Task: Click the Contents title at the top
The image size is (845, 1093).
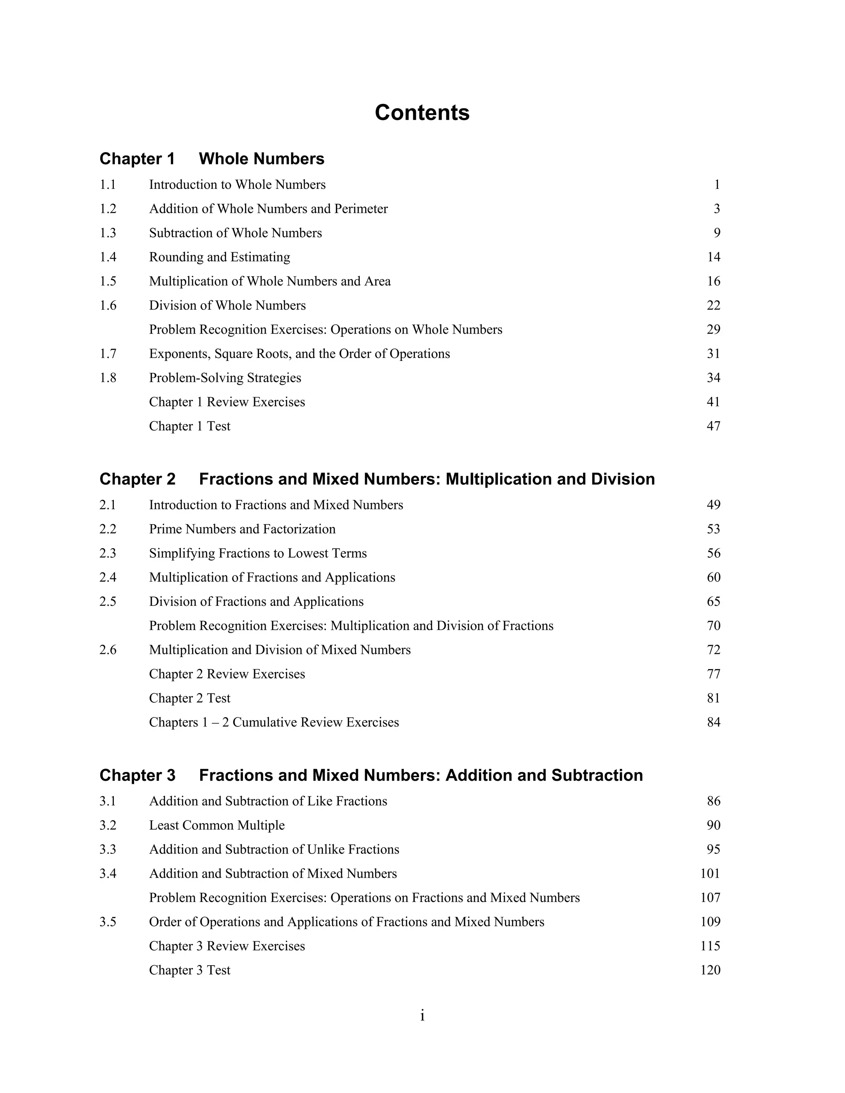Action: (x=422, y=113)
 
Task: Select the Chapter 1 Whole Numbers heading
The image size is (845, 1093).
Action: (x=212, y=159)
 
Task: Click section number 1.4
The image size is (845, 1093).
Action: (x=108, y=257)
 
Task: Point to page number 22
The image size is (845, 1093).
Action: (x=713, y=305)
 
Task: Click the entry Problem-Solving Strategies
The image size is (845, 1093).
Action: (x=225, y=378)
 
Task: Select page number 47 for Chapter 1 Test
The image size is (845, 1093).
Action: (x=713, y=426)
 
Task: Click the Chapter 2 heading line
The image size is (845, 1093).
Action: (x=377, y=479)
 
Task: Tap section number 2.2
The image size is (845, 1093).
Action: (x=108, y=530)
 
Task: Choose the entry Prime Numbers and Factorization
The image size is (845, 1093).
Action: (x=242, y=530)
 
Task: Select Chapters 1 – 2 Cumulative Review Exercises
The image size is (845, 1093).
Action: (x=274, y=723)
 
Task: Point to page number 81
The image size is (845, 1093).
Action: (x=713, y=698)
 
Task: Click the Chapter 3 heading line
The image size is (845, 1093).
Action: (x=371, y=775)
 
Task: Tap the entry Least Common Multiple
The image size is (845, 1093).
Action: (x=217, y=825)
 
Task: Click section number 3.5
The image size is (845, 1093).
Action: (x=108, y=922)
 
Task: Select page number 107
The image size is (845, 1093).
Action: (x=710, y=898)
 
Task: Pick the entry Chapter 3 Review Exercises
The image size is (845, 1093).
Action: (x=227, y=946)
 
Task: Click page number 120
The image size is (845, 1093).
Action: (x=710, y=971)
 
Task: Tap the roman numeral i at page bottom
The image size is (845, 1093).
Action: (x=422, y=1016)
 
